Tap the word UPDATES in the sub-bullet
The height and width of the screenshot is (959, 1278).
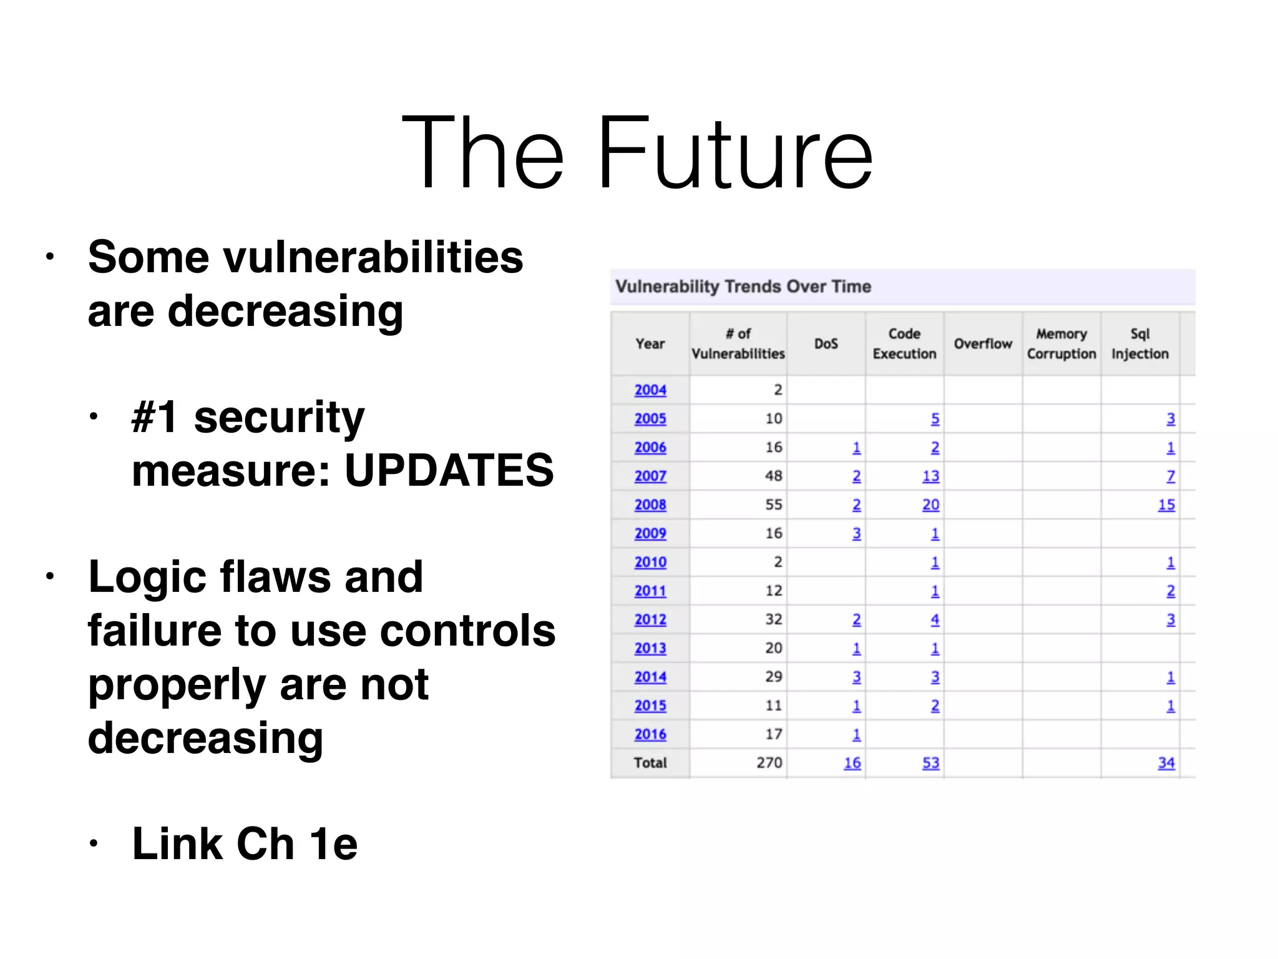(x=449, y=470)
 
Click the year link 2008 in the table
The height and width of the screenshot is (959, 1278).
(x=650, y=504)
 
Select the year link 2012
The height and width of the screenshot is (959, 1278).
(x=650, y=619)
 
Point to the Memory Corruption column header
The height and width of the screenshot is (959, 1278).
(x=1061, y=343)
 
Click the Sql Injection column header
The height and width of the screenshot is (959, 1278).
(x=1139, y=343)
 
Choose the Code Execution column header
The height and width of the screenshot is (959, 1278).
(x=904, y=343)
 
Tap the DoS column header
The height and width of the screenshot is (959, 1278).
(x=826, y=344)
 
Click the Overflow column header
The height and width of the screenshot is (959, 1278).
(x=983, y=344)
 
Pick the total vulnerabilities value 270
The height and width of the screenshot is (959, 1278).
(x=769, y=762)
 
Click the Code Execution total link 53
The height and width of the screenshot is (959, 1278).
(x=930, y=762)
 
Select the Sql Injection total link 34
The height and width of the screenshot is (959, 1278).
(x=1166, y=762)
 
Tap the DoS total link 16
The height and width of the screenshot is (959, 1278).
(x=852, y=762)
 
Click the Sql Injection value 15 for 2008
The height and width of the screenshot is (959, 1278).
(x=1166, y=504)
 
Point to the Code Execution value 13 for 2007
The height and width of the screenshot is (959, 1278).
(x=930, y=476)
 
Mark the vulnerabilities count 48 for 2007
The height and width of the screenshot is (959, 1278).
(x=773, y=476)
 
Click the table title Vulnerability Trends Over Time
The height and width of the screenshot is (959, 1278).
(x=743, y=287)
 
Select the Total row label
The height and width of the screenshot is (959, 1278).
(x=650, y=762)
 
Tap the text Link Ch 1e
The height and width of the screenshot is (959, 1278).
(x=245, y=843)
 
